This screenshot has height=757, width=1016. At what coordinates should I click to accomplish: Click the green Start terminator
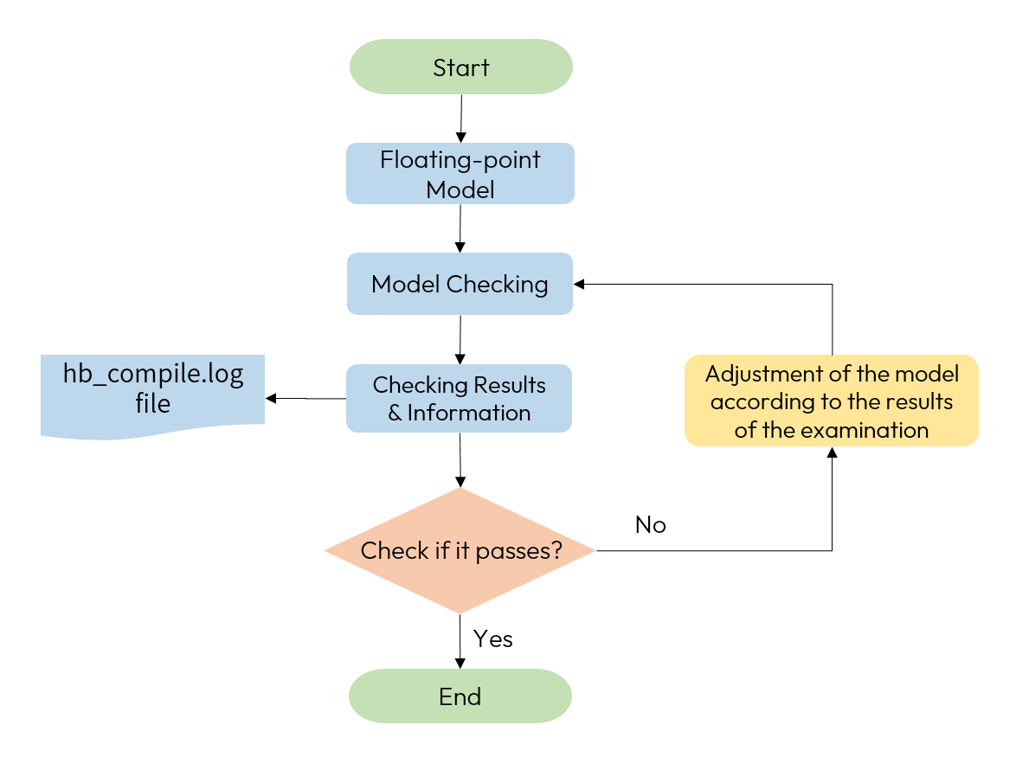(460, 67)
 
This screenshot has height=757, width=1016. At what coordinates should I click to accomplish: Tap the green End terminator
(460, 696)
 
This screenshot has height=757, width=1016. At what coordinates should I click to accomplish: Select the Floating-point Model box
(460, 174)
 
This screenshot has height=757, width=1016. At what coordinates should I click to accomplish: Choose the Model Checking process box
(460, 284)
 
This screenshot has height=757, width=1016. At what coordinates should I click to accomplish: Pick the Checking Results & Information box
(459, 398)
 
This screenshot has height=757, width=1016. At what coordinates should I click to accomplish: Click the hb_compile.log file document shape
(152, 394)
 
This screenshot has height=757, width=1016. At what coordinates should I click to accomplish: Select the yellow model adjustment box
(831, 401)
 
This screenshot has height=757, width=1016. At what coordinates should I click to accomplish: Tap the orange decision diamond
(460, 550)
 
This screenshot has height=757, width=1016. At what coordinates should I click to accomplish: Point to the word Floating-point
(460, 160)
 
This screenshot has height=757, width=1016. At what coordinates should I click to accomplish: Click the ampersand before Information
(395, 413)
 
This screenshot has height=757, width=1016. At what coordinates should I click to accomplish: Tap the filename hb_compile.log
(153, 375)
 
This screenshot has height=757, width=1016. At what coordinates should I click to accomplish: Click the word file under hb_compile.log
(152, 404)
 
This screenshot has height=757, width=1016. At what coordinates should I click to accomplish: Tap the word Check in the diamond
(383, 550)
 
